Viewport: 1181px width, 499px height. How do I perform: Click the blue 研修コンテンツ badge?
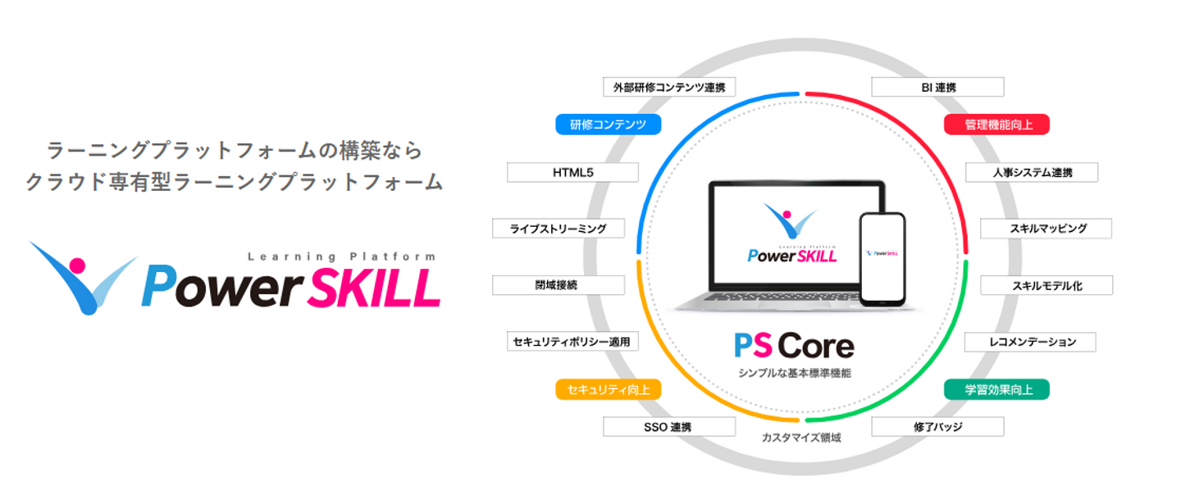608,125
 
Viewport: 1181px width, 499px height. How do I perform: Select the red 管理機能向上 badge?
996,125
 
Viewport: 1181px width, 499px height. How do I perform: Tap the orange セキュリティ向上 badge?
608,389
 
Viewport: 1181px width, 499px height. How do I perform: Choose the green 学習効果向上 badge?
996,389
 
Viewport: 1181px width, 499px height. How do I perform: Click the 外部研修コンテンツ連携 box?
669,87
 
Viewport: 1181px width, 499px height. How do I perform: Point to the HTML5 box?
572,172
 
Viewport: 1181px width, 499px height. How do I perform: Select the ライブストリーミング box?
558,229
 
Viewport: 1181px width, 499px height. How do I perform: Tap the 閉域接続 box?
558,285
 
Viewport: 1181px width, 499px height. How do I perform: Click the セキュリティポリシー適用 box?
572,342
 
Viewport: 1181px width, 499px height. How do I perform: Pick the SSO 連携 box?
669,427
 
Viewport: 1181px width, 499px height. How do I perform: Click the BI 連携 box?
937,87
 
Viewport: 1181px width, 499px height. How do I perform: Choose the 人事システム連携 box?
1031,172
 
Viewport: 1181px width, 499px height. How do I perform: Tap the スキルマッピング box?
1046,229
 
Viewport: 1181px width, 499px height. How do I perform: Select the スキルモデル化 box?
1046,285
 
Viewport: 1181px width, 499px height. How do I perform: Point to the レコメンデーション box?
1031,342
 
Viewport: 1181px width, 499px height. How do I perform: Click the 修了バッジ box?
937,427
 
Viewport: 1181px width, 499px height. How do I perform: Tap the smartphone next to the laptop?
882,259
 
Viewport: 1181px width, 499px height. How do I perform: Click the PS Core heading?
794,346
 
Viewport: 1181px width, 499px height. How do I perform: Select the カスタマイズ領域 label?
801,438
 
